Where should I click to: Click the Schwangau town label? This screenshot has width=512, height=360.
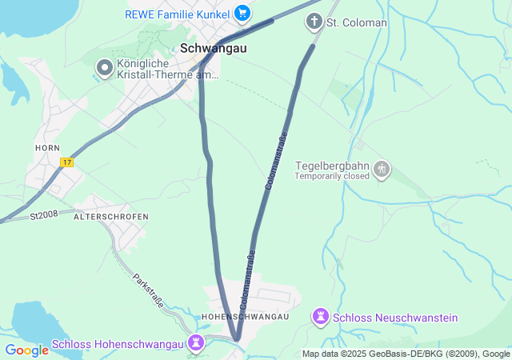pos(214,48)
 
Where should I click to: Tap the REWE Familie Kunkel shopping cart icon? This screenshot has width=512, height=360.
pos(242,14)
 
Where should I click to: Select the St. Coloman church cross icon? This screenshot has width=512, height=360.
pos(314,22)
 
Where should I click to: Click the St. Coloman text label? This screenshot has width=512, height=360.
pos(357,22)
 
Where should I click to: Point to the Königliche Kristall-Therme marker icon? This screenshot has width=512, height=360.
pos(104,69)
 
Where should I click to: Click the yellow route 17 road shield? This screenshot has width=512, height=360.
pos(66,162)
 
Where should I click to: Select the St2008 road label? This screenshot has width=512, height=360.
pos(46,215)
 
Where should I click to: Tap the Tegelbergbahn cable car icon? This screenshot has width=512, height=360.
pos(383,170)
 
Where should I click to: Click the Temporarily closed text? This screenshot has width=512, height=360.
pos(331,176)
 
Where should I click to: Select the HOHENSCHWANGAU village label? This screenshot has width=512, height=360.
pos(246,318)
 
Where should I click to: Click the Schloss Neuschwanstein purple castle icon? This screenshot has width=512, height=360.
pos(321,318)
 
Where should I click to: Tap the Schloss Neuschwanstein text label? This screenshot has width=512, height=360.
pos(395,318)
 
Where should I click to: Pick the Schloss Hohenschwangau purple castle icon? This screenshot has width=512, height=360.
pos(196,344)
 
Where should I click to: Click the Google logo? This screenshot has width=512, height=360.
pos(26,350)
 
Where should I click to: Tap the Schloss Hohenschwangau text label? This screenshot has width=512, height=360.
pos(119,345)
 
